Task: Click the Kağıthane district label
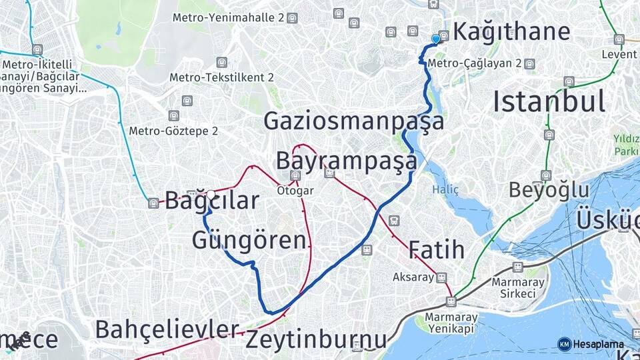pos(511,31)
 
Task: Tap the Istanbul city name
pos(549,101)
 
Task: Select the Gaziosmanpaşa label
pos(353,121)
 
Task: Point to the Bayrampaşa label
pos(346,161)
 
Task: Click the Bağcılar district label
pos(212,201)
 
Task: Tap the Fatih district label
pos(436,249)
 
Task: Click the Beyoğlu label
pos(549,190)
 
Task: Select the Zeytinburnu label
pos(315,339)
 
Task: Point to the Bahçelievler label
pos(167,329)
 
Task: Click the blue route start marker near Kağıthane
pos(436,39)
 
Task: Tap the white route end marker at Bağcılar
pos(211,194)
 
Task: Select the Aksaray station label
pos(413,277)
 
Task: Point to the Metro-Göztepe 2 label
pos(173,131)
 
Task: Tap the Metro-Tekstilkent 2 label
pos(221,77)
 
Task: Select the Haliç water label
pos(445,189)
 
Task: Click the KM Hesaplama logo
pos(591,344)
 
